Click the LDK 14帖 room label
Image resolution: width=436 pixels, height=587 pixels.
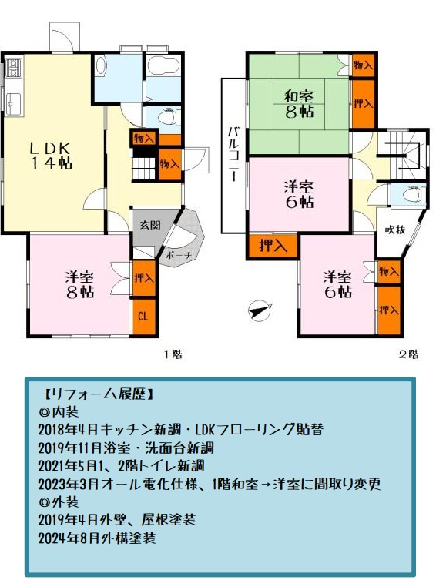pyautogui.click(x=52, y=156)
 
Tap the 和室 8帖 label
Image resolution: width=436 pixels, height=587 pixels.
pyautogui.click(x=299, y=104)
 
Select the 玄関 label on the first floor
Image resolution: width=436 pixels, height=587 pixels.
pyautogui.click(x=150, y=225)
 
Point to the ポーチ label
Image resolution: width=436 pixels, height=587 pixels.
pyautogui.click(x=178, y=255)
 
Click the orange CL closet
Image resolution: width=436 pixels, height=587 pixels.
pyautogui.click(x=144, y=317)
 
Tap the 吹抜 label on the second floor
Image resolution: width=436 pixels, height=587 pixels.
pyautogui.click(x=395, y=229)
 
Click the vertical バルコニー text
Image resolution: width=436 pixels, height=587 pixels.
pyautogui.click(x=233, y=155)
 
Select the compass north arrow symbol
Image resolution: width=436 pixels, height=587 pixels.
pyautogui.click(x=260, y=310)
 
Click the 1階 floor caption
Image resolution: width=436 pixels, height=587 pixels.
pyautogui.click(x=173, y=354)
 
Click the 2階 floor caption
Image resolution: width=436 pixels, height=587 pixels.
pyautogui.click(x=409, y=354)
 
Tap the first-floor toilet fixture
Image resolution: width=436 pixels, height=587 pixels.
pyautogui.click(x=168, y=117)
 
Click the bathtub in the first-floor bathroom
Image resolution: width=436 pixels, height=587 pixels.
pyautogui.click(x=163, y=66)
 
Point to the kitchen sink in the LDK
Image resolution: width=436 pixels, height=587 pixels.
pyautogui.click(x=13, y=102)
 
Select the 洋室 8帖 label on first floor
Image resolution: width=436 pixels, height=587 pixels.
pyautogui.click(x=80, y=284)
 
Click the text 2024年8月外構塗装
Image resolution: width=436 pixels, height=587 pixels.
pyautogui.click(x=97, y=538)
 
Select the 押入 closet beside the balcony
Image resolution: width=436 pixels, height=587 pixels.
pyautogui.click(x=272, y=247)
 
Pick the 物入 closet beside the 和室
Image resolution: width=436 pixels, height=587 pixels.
pyautogui.click(x=363, y=66)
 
